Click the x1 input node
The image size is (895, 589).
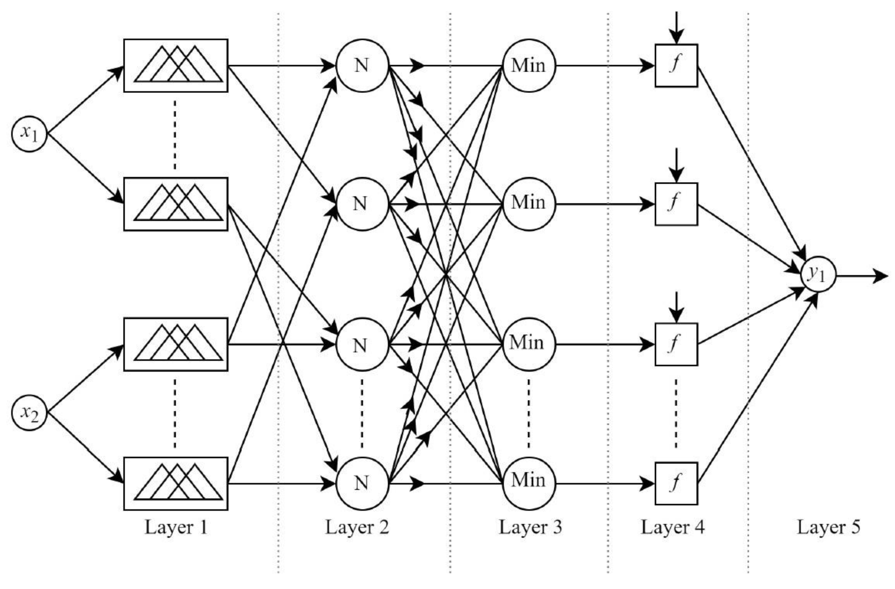click(x=29, y=134)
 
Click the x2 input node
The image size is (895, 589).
click(x=29, y=413)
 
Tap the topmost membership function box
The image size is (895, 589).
click(x=176, y=65)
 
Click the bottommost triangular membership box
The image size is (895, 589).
click(x=176, y=483)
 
